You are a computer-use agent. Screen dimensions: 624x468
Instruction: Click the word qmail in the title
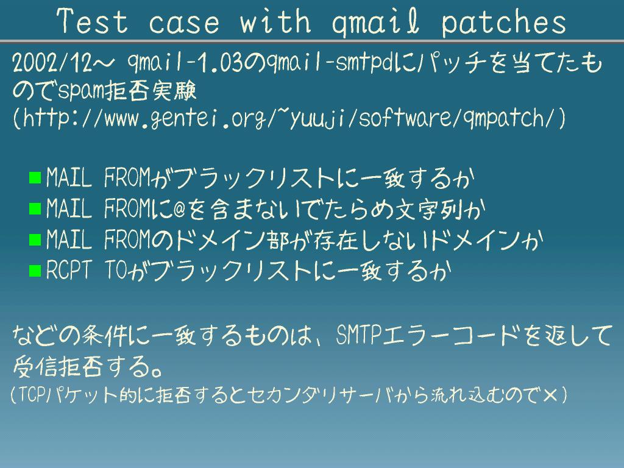click(x=375, y=23)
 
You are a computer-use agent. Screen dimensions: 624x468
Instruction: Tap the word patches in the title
click(x=504, y=23)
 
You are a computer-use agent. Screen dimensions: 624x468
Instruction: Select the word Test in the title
click(x=93, y=21)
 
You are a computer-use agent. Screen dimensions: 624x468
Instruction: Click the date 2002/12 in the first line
click(x=52, y=63)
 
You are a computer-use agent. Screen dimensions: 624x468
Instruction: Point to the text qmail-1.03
click(x=185, y=63)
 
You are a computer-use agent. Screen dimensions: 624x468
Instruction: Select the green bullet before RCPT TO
click(x=35, y=271)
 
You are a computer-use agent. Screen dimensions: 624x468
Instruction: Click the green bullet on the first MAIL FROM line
click(x=35, y=177)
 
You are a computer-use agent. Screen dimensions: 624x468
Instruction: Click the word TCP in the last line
click(x=30, y=395)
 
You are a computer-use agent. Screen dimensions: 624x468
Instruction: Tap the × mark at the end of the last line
click(x=550, y=395)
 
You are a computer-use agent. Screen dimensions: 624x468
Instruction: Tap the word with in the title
click(x=275, y=21)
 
